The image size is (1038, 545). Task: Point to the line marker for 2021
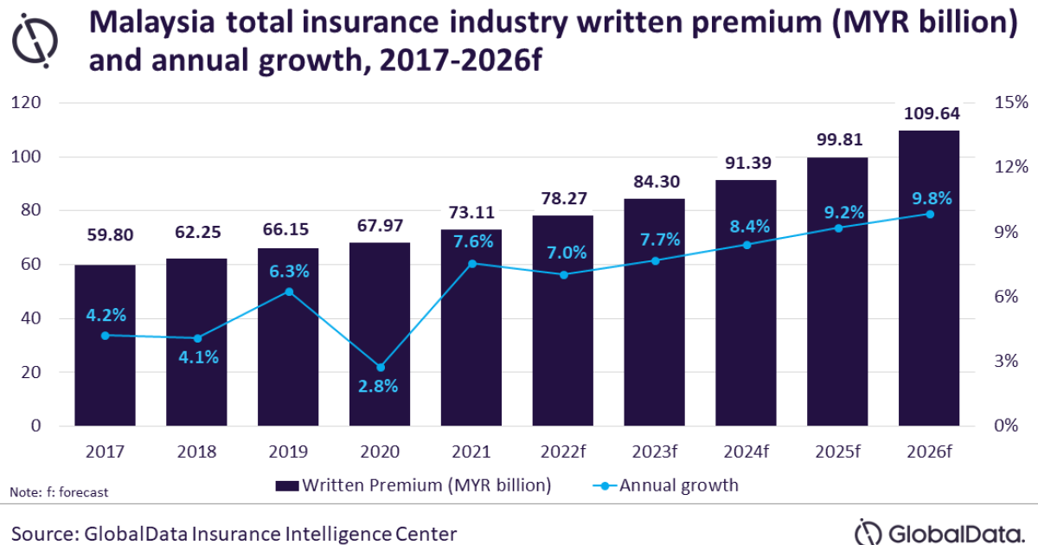coord(471,263)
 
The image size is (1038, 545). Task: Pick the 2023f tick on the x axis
coord(654,452)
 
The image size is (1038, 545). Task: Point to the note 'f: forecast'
coord(59,492)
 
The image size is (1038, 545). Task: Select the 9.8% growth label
coord(930,198)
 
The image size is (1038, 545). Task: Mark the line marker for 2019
coord(288,292)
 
